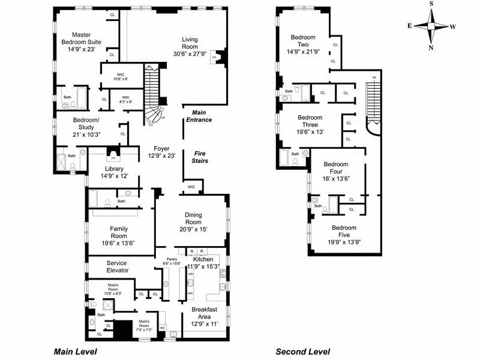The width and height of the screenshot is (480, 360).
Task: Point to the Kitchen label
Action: click(x=202, y=259)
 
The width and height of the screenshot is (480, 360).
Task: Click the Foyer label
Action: click(x=161, y=148)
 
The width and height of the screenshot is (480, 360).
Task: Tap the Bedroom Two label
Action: click(x=303, y=38)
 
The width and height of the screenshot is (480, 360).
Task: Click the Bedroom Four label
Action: click(x=336, y=164)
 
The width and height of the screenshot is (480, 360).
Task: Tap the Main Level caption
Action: click(x=75, y=352)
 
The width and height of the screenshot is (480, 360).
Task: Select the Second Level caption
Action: click(x=302, y=352)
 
